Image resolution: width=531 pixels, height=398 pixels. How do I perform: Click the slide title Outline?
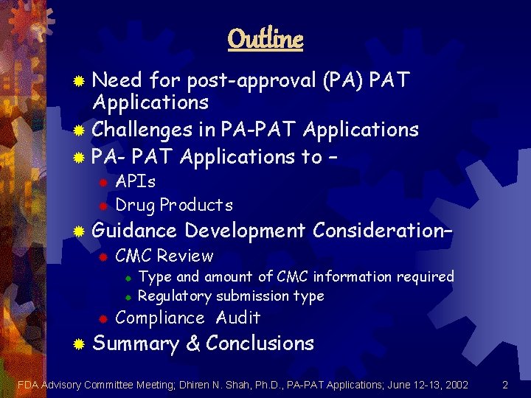[265, 38]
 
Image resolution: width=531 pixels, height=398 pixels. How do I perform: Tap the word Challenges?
[143, 130]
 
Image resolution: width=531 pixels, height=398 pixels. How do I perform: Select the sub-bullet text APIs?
[136, 181]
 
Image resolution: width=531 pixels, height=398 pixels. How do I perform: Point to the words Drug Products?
[174, 205]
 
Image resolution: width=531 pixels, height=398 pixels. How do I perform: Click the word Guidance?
[135, 231]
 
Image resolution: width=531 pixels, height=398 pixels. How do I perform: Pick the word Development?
[245, 231]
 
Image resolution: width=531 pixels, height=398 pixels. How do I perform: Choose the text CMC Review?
[164, 256]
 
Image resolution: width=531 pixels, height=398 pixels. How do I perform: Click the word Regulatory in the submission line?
[175, 296]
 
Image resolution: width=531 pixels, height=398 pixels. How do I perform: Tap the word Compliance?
[160, 318]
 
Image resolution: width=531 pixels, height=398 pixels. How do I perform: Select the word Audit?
[238, 318]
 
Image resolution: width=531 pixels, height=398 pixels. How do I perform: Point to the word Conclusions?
[260, 343]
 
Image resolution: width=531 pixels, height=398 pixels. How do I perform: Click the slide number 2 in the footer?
[505, 385]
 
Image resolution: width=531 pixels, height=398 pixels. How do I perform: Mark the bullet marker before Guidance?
[79, 232]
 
